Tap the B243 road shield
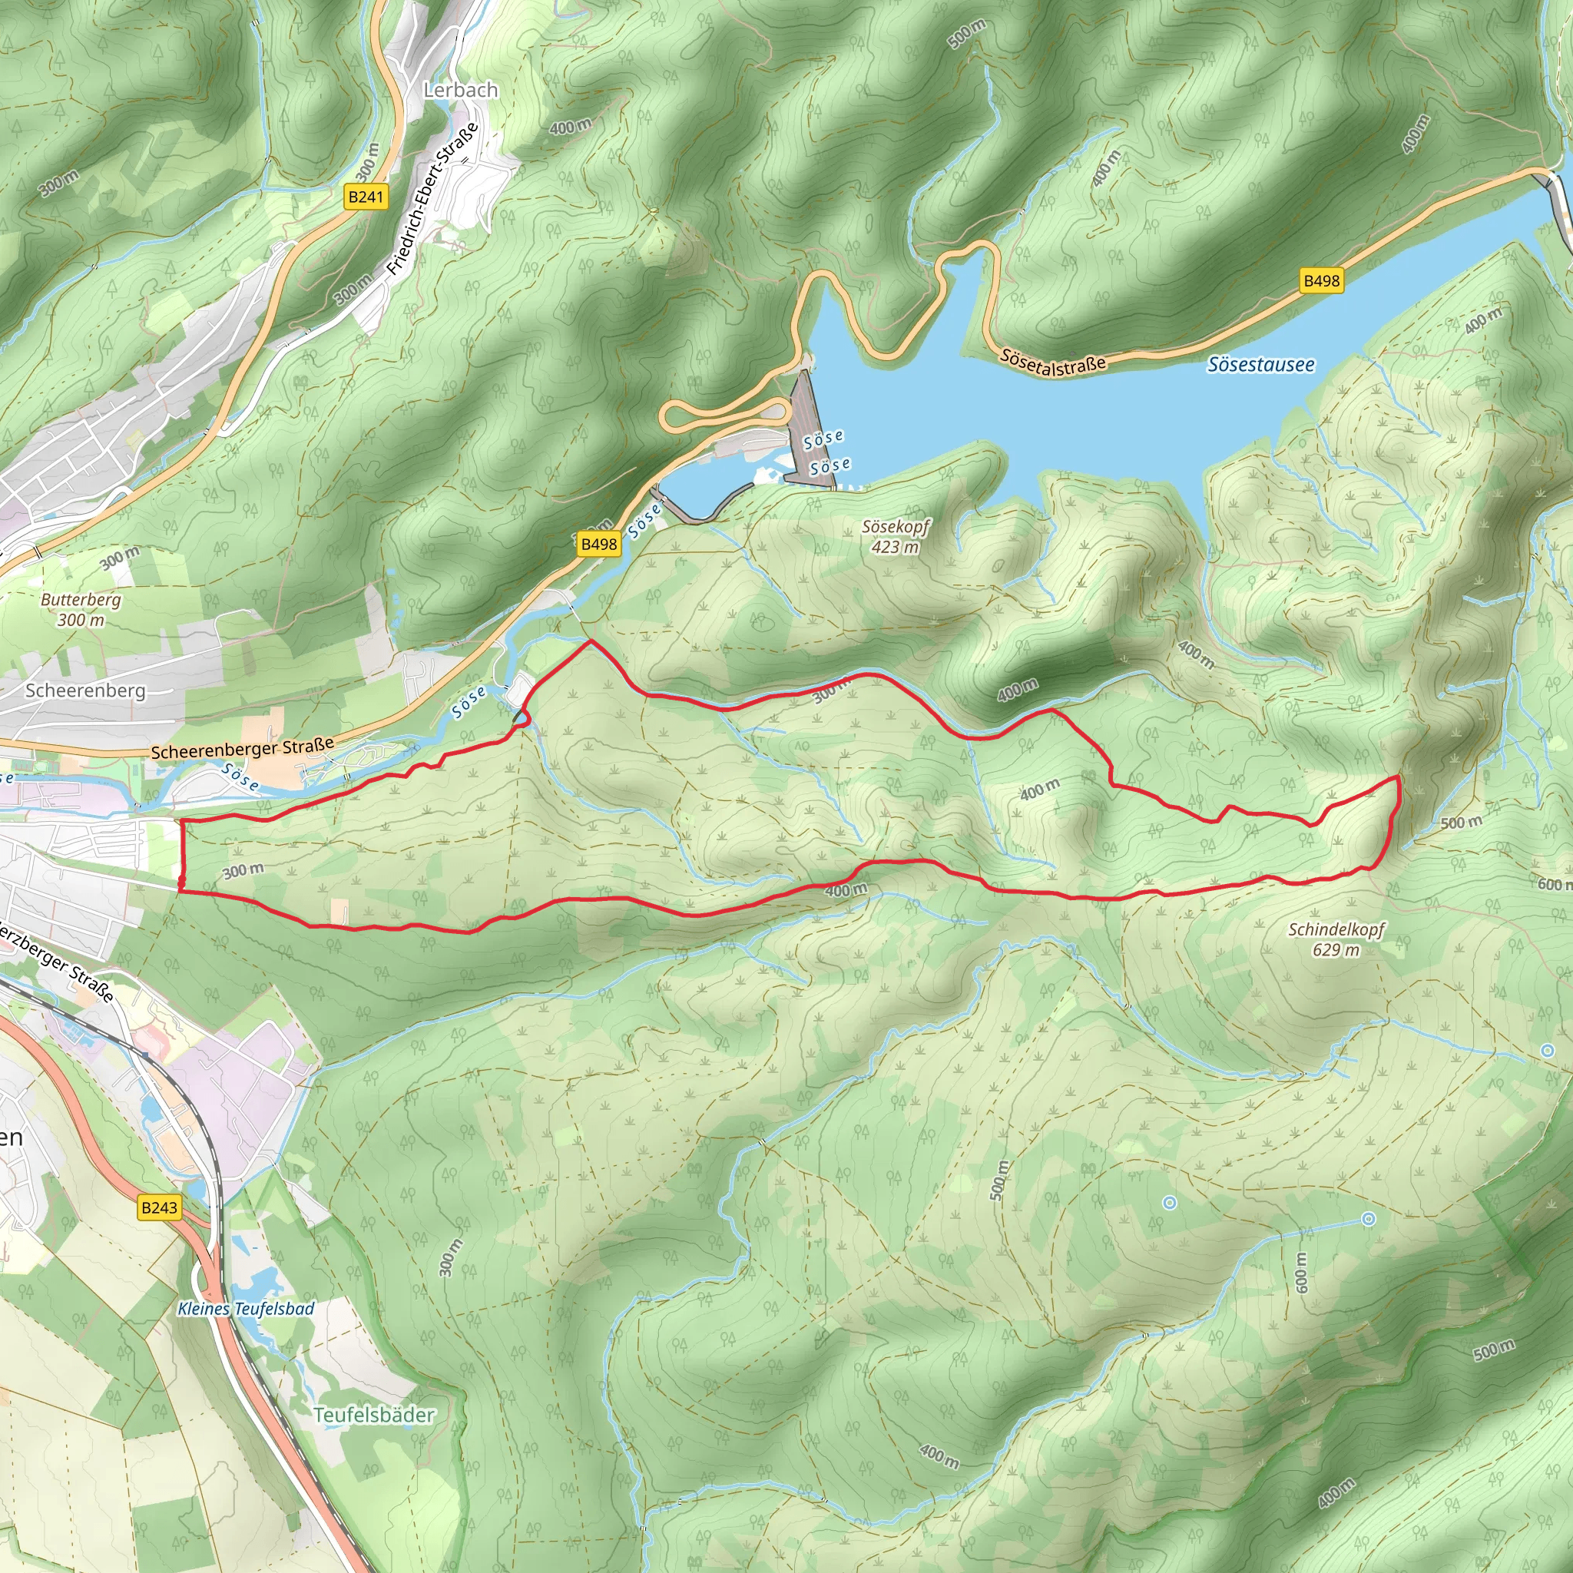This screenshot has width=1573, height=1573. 159,1207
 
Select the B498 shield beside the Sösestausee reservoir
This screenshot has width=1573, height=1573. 1320,281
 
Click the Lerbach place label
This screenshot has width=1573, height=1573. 460,91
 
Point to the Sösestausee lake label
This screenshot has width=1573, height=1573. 1260,365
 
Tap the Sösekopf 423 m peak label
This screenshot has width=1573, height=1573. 896,537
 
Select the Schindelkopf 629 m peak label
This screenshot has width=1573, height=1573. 1336,939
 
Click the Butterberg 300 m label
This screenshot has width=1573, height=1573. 81,610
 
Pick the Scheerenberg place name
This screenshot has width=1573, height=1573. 85,690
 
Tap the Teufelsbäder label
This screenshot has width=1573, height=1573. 375,1415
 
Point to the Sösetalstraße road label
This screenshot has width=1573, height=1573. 1053,363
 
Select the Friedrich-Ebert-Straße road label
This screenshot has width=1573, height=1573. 432,200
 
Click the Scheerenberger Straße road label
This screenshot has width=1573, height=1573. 243,748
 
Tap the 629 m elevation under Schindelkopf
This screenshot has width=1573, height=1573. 1336,950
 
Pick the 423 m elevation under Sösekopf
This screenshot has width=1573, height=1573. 895,547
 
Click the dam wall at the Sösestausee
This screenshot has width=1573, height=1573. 811,428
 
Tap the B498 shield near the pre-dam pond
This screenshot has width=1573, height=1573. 599,544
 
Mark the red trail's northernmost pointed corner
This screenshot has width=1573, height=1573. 591,641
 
